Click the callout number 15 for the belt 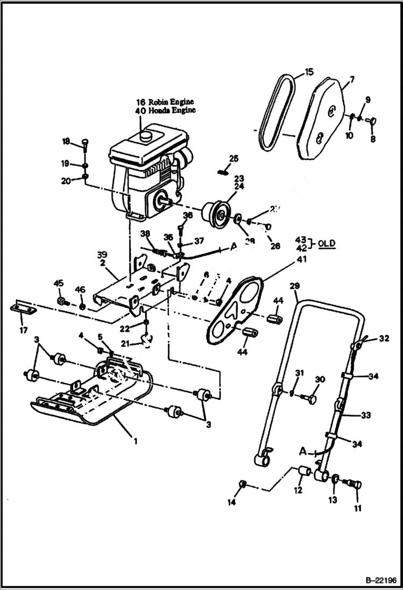pyautogui.click(x=308, y=72)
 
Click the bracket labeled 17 pyautogui.click(x=23, y=309)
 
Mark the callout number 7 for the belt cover pyautogui.click(x=351, y=80)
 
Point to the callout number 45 pyautogui.click(x=58, y=284)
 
